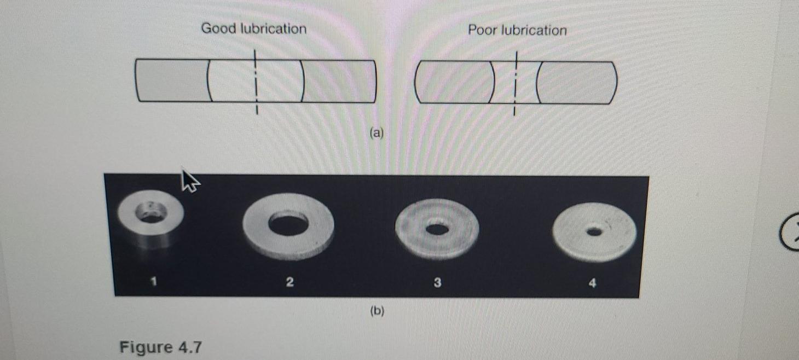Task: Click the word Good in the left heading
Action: pos(218,28)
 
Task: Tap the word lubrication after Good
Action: pos(272,28)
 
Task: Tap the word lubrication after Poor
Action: pos(534,30)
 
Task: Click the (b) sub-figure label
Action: pos(377,311)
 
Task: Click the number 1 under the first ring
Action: pos(154,282)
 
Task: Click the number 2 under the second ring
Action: pos(290,282)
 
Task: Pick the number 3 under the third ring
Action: pos(437,283)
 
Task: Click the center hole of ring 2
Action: pos(288,224)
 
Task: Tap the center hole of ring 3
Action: pos(436,229)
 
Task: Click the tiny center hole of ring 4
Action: pos(594,232)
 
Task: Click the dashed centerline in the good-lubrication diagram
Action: pos(254,82)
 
